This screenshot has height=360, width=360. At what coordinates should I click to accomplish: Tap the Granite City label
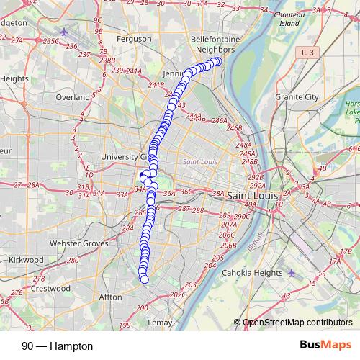click(296, 96)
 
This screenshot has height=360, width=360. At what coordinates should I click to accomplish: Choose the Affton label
click(111, 296)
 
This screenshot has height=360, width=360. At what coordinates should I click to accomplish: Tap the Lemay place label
click(160, 323)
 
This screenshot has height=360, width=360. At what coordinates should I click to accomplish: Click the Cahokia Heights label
click(253, 273)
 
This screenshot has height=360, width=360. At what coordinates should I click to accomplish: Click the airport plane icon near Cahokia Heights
click(291, 273)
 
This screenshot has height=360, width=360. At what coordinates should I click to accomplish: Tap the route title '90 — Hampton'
click(58, 346)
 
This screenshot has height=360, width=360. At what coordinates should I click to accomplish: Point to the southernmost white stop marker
click(144, 279)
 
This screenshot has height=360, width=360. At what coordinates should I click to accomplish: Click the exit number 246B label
click(233, 128)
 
